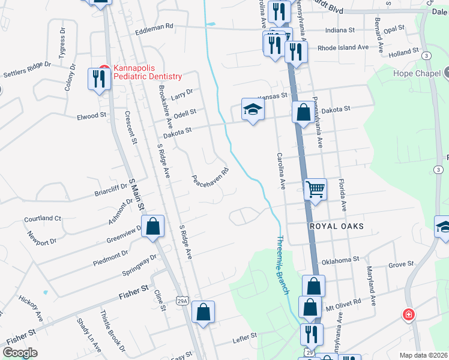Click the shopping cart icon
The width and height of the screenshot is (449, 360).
pyautogui.click(x=315, y=190)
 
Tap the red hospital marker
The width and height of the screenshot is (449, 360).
pyautogui.click(x=408, y=314)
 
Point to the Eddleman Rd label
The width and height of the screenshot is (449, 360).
pyautogui.click(x=154, y=26)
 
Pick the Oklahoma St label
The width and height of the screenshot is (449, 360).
pyautogui.click(x=340, y=260)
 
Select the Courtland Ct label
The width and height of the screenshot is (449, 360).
pyautogui.click(x=43, y=218)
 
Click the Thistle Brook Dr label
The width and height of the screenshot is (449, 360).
pyautogui.click(x=112, y=331)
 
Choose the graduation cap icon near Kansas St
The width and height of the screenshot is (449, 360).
pyautogui.click(x=253, y=109)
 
